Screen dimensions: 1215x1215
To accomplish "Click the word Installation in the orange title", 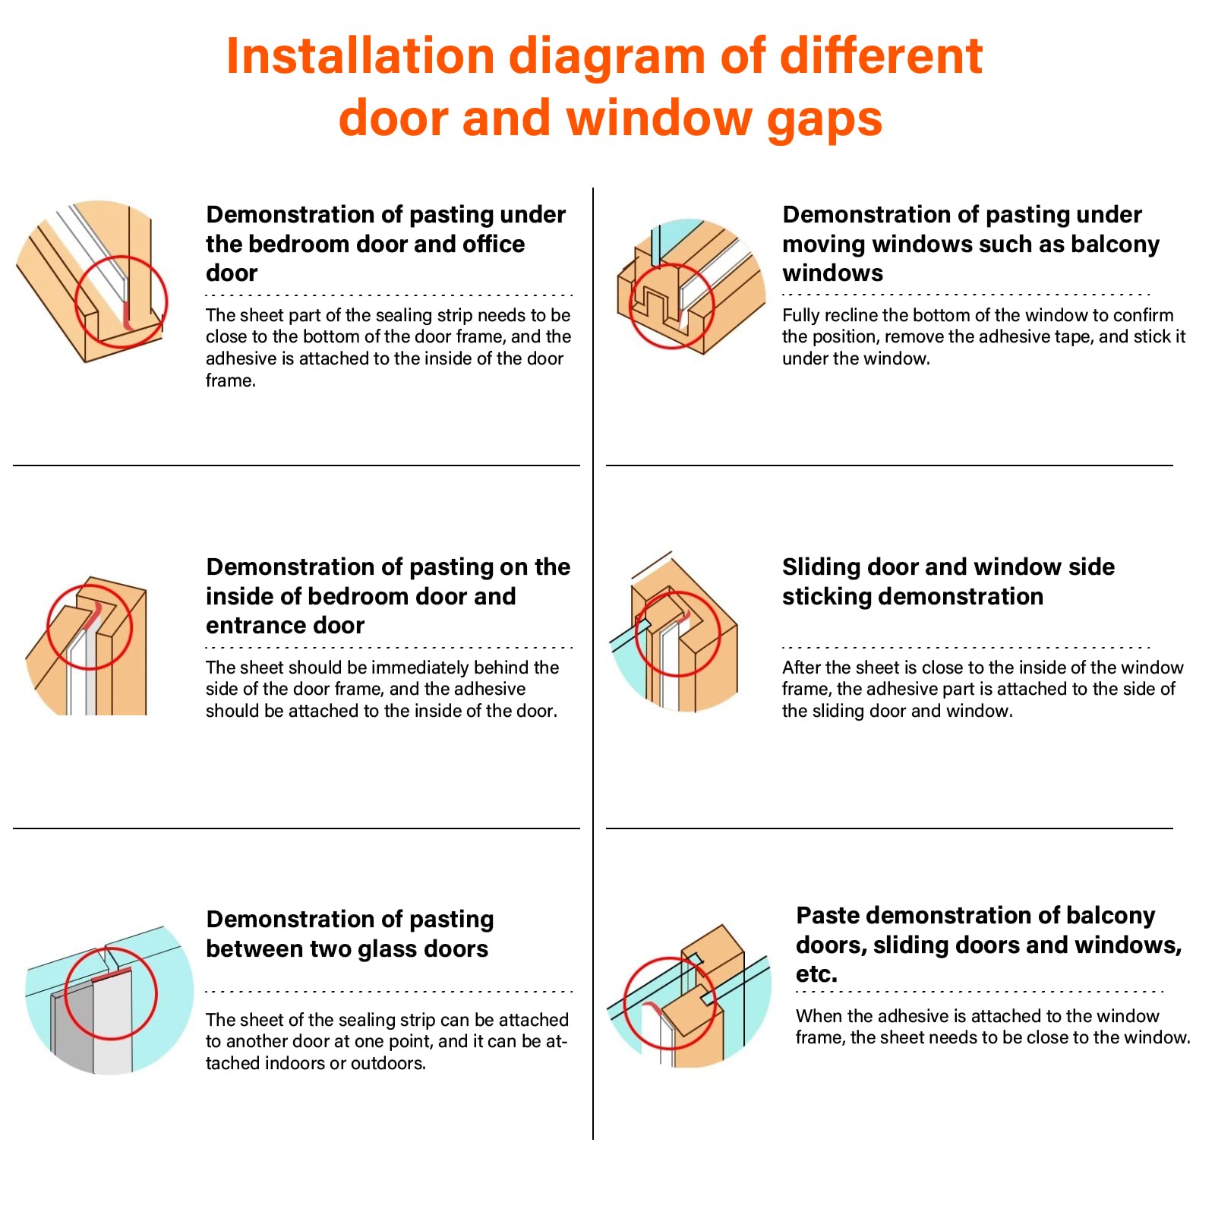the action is [x=361, y=56].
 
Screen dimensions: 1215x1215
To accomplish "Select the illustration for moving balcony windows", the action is [x=691, y=286].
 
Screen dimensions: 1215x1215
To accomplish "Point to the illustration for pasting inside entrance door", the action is [x=87, y=645].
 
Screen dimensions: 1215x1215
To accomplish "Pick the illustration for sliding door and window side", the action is [x=674, y=632].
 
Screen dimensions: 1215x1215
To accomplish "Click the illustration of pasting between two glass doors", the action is [x=109, y=999].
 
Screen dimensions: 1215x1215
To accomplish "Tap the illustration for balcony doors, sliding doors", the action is [x=689, y=996].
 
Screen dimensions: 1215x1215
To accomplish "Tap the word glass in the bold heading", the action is [x=374, y=949].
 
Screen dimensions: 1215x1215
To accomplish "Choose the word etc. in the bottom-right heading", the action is [x=816, y=974].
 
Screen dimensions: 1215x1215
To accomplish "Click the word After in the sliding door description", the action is [x=802, y=667].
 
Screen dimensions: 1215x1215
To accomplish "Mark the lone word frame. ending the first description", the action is [x=231, y=380].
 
